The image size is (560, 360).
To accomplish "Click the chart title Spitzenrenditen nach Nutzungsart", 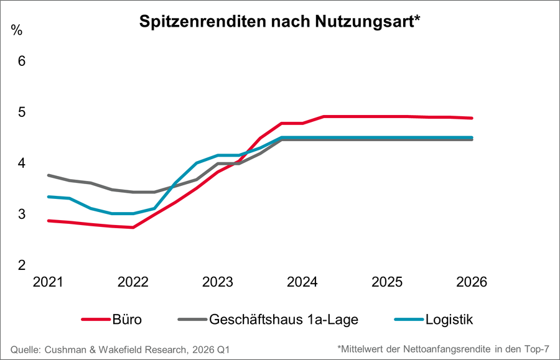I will click(281, 22).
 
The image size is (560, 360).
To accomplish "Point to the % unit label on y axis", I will click(17, 30).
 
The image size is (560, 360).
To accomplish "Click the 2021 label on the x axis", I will click(48, 282).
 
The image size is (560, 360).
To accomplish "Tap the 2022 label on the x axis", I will click(133, 282).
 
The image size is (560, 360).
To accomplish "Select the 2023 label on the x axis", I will click(218, 282).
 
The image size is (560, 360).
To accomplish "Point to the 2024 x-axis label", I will click(302, 282).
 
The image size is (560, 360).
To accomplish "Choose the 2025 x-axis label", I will click(388, 282).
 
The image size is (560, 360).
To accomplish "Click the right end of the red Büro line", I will click(472, 118).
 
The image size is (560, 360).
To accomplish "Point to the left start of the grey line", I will click(49, 175).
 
